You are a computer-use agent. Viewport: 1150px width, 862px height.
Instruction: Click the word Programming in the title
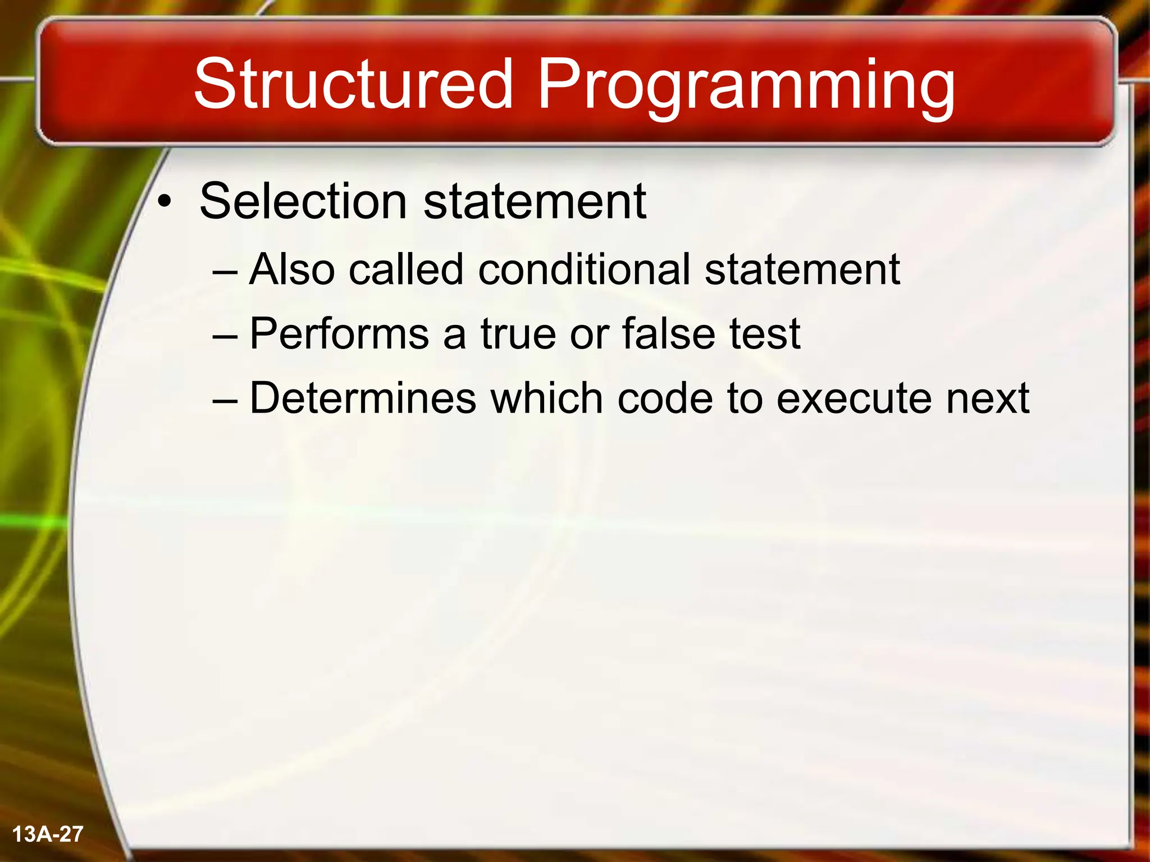[x=746, y=87]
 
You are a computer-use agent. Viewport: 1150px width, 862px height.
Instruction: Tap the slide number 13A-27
[x=48, y=834]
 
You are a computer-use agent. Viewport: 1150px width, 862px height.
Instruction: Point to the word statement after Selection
[x=535, y=202]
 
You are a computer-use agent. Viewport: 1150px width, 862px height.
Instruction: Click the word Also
[x=292, y=269]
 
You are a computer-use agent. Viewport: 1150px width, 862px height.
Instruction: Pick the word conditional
[x=584, y=269]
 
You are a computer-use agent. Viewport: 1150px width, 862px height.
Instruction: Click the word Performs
[x=340, y=334]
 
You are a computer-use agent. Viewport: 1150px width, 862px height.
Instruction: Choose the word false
[x=668, y=334]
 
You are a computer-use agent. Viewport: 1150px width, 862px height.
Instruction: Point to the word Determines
[x=363, y=398]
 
